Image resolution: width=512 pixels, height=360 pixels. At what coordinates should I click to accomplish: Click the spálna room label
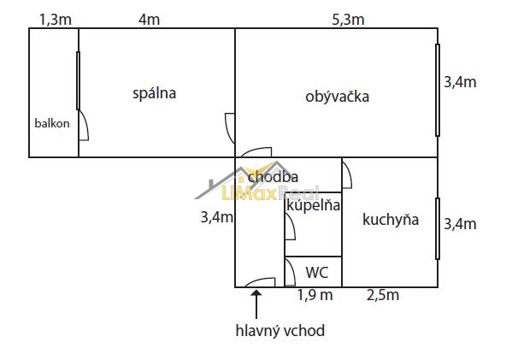point(154,93)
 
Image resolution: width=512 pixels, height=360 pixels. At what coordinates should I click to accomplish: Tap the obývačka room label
point(338,97)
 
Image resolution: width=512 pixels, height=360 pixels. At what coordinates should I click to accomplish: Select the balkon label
point(52,123)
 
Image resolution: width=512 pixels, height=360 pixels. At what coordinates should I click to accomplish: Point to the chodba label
point(273,177)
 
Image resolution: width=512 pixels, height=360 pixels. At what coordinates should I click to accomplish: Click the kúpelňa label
point(313,205)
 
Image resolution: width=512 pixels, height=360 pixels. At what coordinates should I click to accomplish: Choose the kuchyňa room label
point(391,220)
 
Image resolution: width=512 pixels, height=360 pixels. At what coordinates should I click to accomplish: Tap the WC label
point(317,273)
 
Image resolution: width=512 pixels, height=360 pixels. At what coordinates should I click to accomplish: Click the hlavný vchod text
point(280,330)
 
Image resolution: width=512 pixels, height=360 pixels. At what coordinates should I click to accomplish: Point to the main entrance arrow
point(256,304)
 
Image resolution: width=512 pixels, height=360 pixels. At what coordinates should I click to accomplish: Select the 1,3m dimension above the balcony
point(56,20)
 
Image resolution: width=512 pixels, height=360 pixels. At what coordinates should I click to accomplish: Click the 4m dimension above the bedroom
point(149,20)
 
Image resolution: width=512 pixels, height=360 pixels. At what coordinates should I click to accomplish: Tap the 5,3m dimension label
point(348,20)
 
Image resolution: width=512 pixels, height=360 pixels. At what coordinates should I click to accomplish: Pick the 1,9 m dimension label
point(315,295)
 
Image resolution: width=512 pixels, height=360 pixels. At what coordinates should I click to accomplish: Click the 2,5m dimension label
point(383,295)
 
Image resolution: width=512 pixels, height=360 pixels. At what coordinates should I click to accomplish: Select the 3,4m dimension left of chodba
point(217,217)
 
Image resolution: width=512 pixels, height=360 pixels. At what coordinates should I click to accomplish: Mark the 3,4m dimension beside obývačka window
point(460,82)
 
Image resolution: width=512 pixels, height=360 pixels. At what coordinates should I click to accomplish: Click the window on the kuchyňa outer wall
point(438,228)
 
